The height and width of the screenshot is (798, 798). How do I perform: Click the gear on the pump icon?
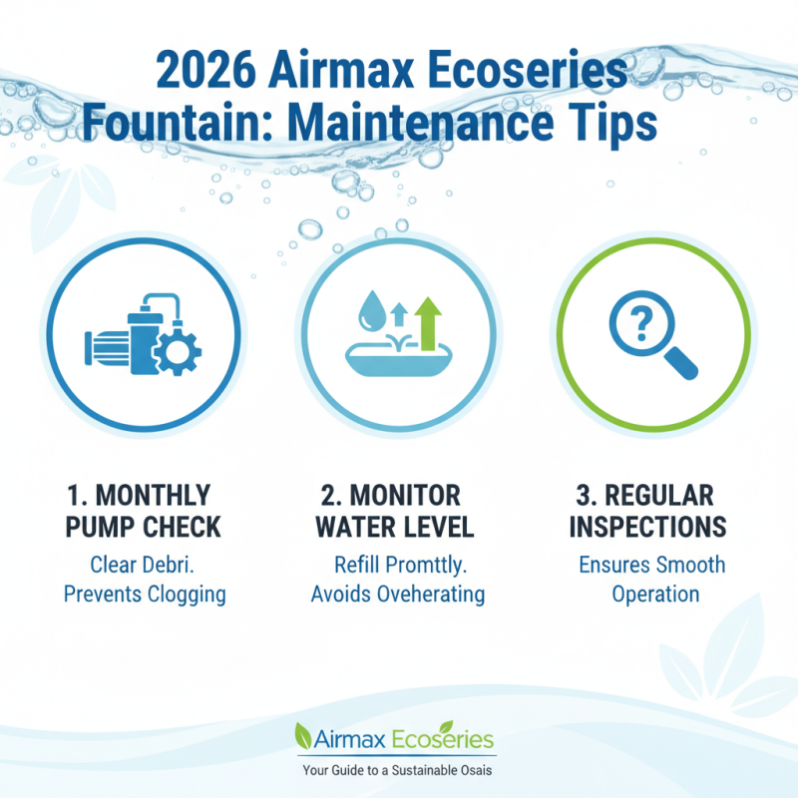tap(181, 350)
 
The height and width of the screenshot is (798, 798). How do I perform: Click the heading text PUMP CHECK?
tap(145, 526)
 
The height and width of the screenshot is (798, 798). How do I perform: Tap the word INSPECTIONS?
tap(652, 526)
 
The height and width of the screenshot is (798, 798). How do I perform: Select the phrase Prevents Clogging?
tap(145, 595)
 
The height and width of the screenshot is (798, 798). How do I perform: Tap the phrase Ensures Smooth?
tap(652, 565)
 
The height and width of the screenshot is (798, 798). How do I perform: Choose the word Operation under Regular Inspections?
tap(652, 595)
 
